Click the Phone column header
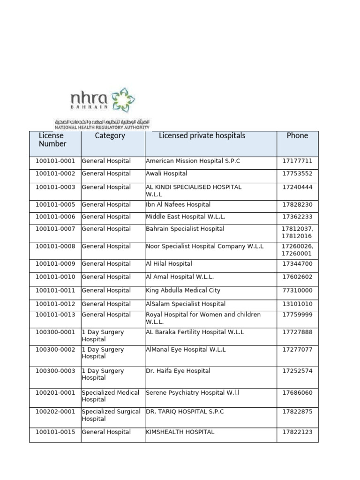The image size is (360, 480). click(297, 135)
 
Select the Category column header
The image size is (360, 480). click(110, 135)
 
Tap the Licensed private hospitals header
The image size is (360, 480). click(202, 135)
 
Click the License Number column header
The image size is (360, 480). click(52, 140)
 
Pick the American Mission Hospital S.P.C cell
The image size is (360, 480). click(193, 161)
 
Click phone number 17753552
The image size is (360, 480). click(297, 173)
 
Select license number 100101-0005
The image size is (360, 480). click(55, 204)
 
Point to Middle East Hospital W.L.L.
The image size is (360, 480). click(186, 217)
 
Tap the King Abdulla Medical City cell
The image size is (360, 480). click(183, 290)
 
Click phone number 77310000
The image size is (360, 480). click(297, 290)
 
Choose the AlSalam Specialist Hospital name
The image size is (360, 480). click(186, 304)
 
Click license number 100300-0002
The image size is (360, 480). click(55, 349)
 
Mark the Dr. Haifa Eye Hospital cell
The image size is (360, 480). click(178, 371)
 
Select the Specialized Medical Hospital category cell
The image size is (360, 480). click(111, 396)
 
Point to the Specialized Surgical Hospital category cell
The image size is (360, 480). click(111, 415)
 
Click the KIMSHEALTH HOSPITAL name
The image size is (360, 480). click(180, 432)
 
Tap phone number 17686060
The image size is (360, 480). click(297, 392)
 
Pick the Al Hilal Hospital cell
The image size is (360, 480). click(169, 263)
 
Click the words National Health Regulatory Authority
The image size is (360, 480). click(102, 127)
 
